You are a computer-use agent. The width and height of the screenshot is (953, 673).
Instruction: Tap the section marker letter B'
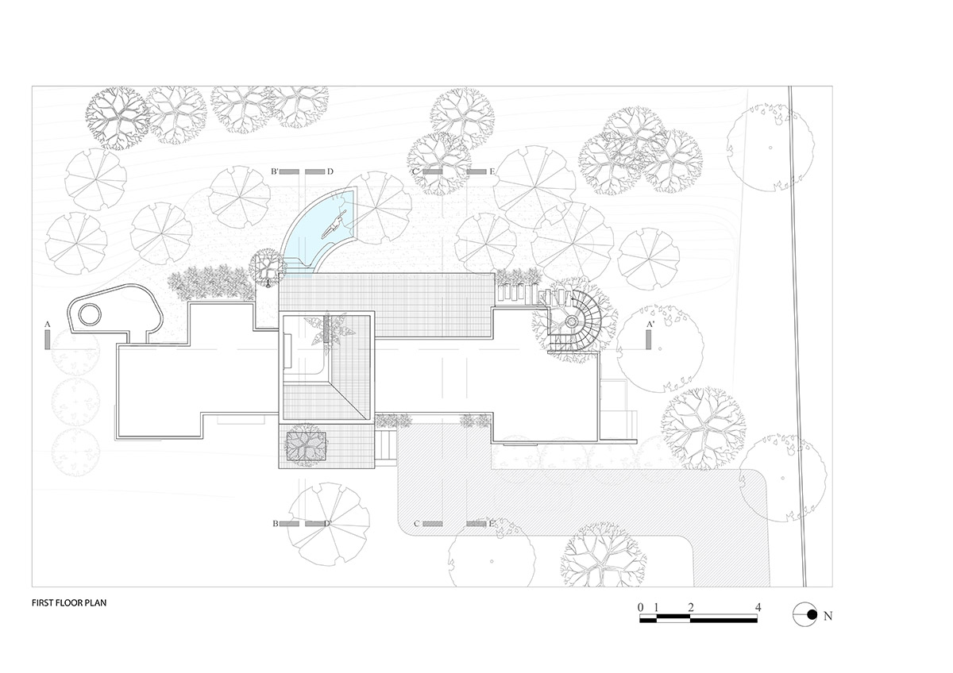click(273, 171)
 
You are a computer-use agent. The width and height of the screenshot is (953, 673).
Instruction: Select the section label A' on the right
click(650, 325)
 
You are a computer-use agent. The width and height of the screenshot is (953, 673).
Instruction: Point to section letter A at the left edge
click(48, 325)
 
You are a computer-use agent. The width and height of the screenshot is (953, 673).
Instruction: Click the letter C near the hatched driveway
click(416, 524)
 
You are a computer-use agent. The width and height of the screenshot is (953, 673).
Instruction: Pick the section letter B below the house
click(275, 524)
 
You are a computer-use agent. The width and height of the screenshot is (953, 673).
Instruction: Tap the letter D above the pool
click(330, 171)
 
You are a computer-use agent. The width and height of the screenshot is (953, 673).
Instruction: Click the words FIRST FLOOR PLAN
click(69, 602)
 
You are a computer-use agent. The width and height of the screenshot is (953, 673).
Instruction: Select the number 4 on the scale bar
click(759, 607)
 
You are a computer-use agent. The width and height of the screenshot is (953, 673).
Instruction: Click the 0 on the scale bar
click(640, 607)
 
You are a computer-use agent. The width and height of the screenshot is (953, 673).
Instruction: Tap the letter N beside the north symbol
click(828, 615)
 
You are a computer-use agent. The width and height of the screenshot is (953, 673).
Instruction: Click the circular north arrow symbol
click(805, 613)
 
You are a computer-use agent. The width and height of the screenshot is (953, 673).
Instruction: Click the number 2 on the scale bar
click(692, 607)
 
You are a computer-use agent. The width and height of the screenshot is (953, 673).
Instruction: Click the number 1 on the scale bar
click(657, 607)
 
